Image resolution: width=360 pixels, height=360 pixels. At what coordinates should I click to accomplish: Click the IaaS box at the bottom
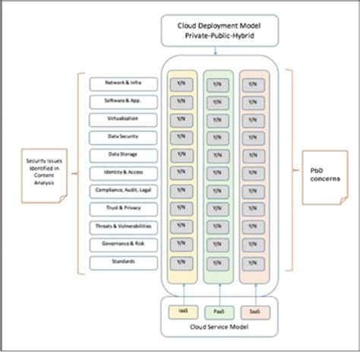coord(181,311)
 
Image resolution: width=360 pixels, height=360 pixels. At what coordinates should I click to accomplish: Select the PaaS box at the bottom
coord(218,311)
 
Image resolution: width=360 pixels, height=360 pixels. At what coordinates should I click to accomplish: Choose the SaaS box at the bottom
coord(255,311)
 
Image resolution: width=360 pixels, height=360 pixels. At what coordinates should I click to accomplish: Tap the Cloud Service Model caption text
coord(218,328)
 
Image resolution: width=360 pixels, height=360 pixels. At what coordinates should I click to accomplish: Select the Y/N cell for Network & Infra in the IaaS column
coord(181,84)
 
